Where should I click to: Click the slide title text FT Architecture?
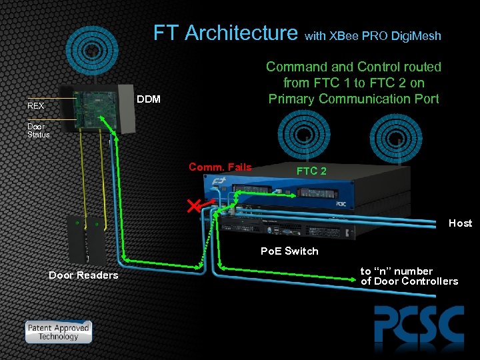pyautogui.click(x=225, y=33)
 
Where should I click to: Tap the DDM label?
pyautogui.click(x=148, y=99)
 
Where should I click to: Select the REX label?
pyautogui.click(x=36, y=106)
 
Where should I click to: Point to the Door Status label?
pyautogui.click(x=38, y=130)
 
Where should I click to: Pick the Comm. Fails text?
pyautogui.click(x=220, y=167)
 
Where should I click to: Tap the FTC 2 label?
pyautogui.click(x=311, y=171)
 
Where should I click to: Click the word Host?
pyautogui.click(x=460, y=223)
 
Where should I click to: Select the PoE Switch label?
pyautogui.click(x=289, y=251)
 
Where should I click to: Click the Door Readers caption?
pyautogui.click(x=83, y=275)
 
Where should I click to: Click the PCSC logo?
pyautogui.click(x=418, y=326)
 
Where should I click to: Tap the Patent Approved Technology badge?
pyautogui.click(x=58, y=332)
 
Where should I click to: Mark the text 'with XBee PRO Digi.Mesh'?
pyautogui.click(x=373, y=36)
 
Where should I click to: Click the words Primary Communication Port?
pyautogui.click(x=353, y=99)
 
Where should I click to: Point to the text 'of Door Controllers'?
pyautogui.click(x=409, y=281)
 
